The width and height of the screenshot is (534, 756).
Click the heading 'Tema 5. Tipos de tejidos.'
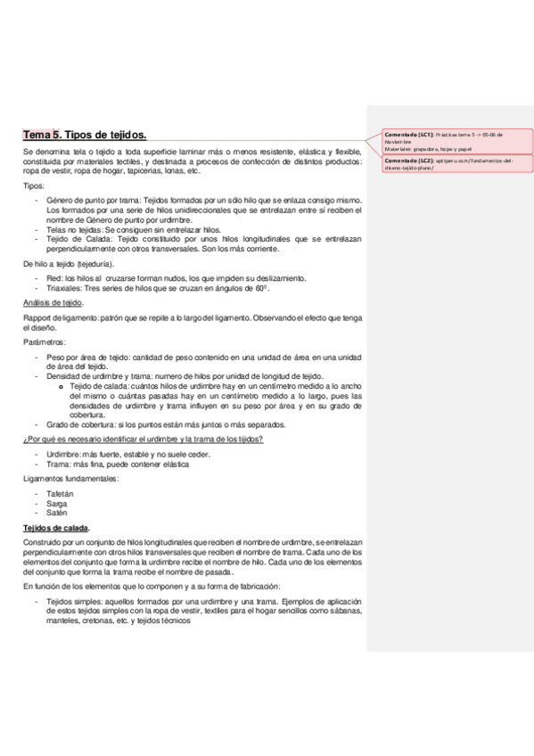(85, 135)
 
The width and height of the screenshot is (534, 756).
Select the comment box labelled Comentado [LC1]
(456, 141)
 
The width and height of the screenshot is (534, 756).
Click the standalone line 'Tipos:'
(34, 185)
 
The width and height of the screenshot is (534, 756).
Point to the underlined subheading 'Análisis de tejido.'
(53, 303)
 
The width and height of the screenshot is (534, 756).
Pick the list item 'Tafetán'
(59, 493)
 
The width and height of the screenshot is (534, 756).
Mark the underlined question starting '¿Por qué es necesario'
(143, 440)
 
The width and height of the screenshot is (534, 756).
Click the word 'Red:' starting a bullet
(55, 279)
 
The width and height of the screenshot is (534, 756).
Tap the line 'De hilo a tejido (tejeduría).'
(69, 265)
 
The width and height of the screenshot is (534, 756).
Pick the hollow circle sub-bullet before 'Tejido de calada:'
(61, 386)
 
